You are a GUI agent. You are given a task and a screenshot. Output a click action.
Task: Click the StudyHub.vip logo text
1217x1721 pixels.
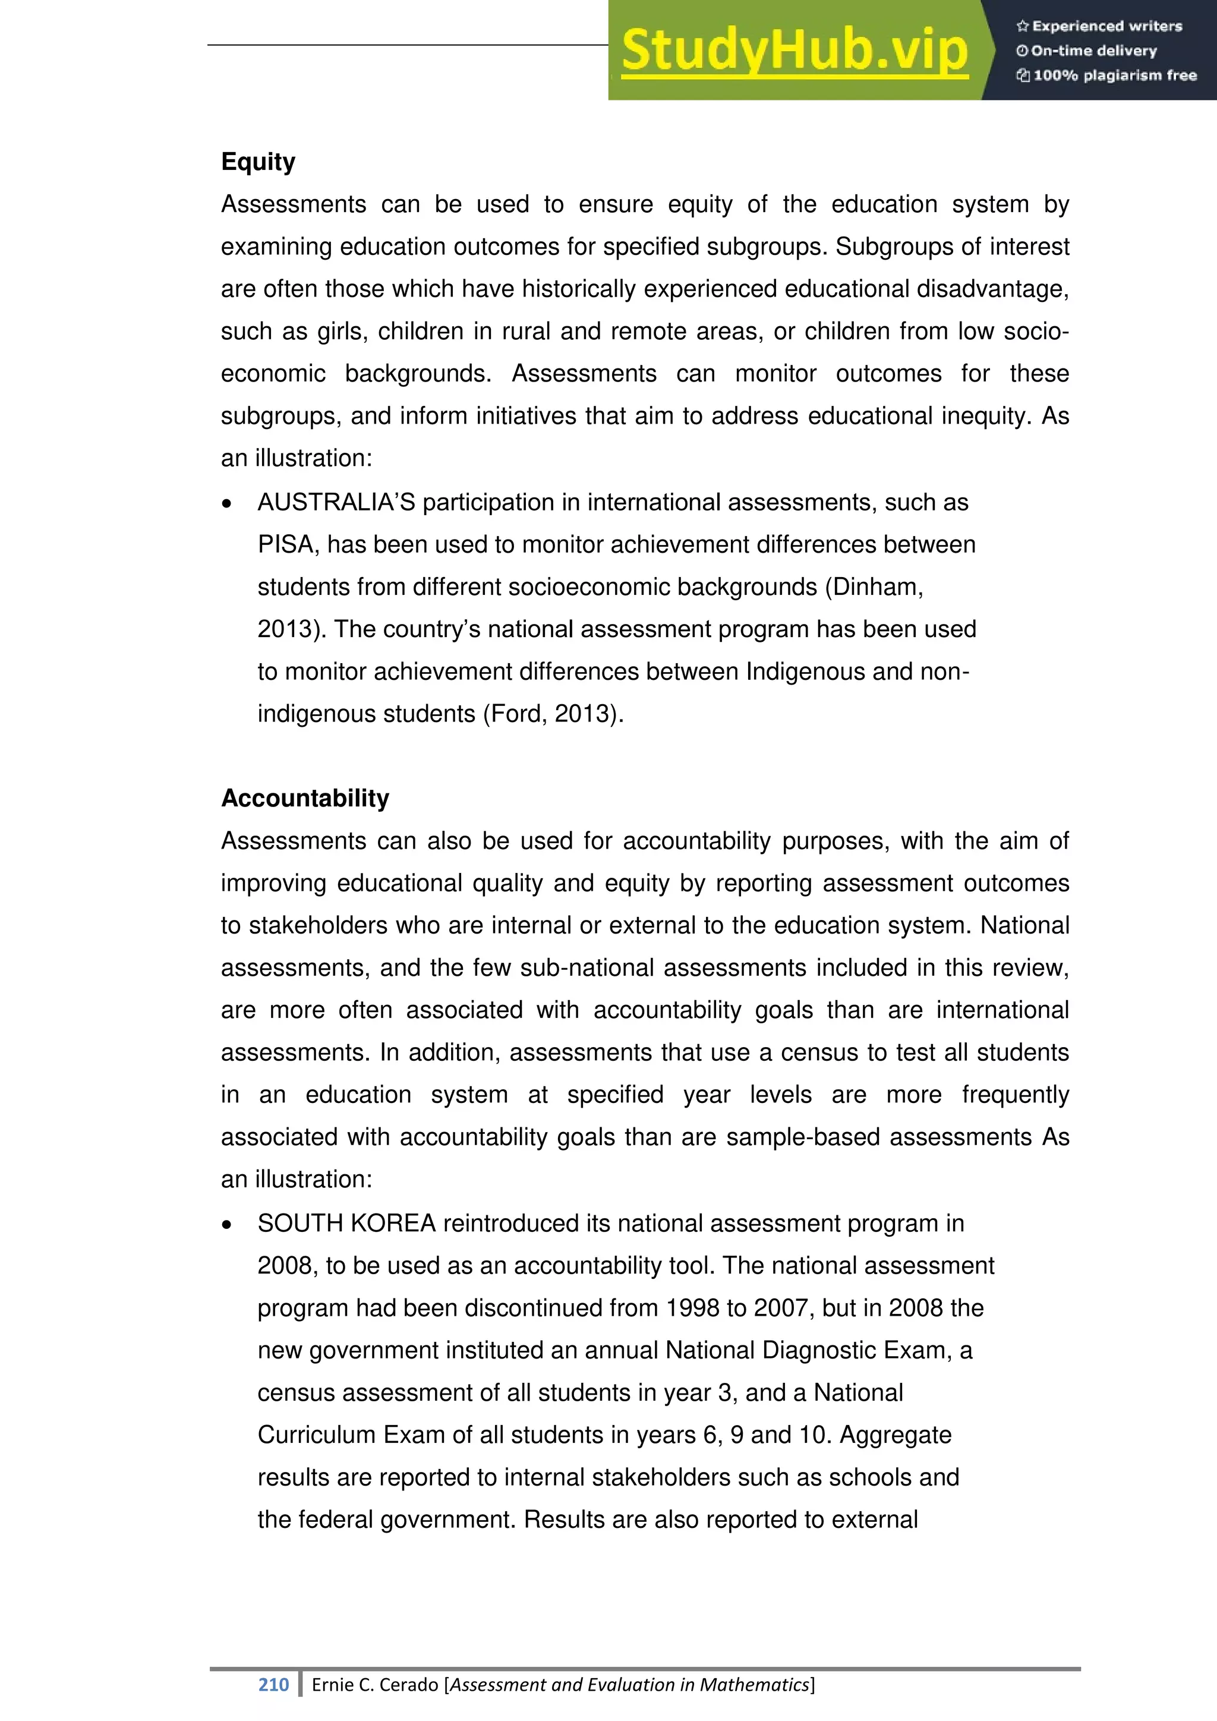point(794,51)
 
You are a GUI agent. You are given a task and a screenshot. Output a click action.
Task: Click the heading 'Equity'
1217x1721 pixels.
point(258,162)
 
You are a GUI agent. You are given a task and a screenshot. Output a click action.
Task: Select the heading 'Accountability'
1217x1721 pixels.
point(305,798)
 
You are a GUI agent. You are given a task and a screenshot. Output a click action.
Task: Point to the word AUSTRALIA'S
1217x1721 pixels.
point(336,502)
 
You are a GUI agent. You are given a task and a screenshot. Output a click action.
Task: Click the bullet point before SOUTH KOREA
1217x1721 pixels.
point(227,1225)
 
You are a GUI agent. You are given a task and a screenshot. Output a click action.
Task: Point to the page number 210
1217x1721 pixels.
point(273,1684)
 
